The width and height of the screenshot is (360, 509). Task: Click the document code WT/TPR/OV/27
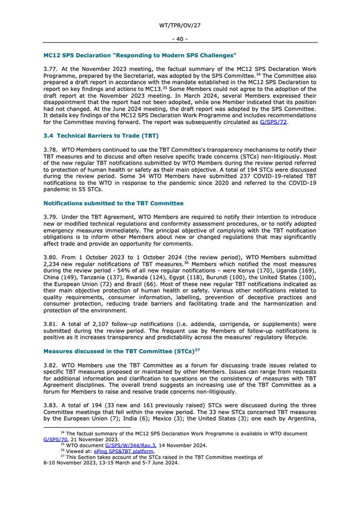180,25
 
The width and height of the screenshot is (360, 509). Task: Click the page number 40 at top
180,39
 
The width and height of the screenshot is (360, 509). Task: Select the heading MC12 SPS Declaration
140,55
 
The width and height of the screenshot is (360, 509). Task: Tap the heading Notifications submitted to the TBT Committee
113,203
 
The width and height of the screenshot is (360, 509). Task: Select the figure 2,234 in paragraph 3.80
55,264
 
